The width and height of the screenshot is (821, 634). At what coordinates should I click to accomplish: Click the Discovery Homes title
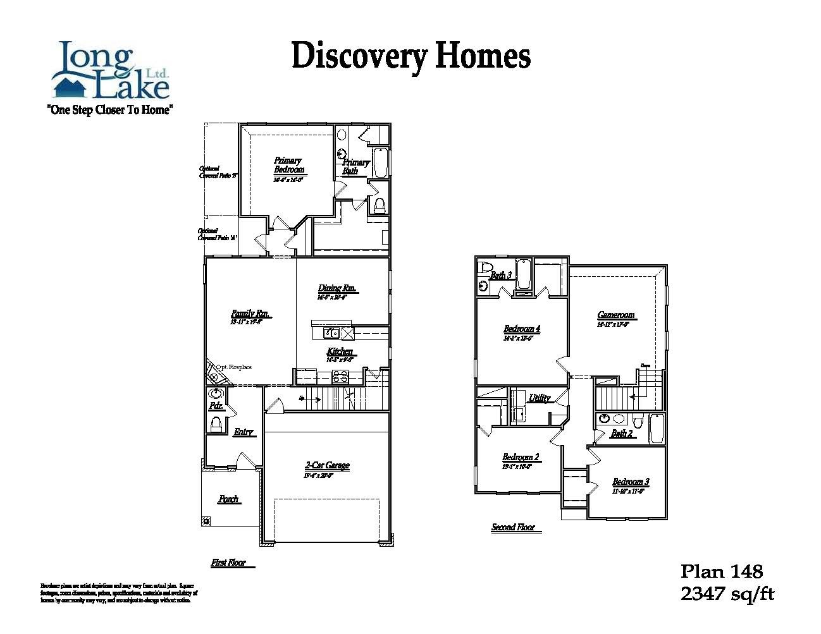pos(410,56)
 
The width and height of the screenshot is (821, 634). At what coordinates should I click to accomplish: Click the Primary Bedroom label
pos(288,165)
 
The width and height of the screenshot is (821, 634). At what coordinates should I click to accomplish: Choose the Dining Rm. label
pos(337,288)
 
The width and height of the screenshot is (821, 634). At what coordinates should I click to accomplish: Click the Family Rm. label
pos(250,314)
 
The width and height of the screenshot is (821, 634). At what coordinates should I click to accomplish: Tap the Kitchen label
pos(340,351)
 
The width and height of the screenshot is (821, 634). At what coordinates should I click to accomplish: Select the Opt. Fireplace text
pos(233,367)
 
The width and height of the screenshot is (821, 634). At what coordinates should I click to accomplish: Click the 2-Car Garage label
pos(327,466)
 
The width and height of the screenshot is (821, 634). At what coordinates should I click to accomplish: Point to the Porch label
pos(228,499)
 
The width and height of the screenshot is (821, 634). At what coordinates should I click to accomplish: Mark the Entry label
pos(244,432)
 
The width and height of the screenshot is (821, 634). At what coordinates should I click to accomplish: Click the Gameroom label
pos(615,315)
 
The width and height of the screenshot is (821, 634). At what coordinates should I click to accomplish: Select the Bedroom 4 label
pos(522,329)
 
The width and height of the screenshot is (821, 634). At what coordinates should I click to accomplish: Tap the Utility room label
pos(540,398)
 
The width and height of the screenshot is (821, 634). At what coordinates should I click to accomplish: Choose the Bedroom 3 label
pos(631,482)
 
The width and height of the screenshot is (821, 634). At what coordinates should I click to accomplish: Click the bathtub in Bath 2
pos(657,429)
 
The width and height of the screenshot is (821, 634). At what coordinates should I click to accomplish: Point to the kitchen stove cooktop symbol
pos(340,377)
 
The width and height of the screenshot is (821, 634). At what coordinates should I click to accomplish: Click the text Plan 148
pos(721,571)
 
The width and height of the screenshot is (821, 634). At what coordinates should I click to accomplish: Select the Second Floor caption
pos(513,527)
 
